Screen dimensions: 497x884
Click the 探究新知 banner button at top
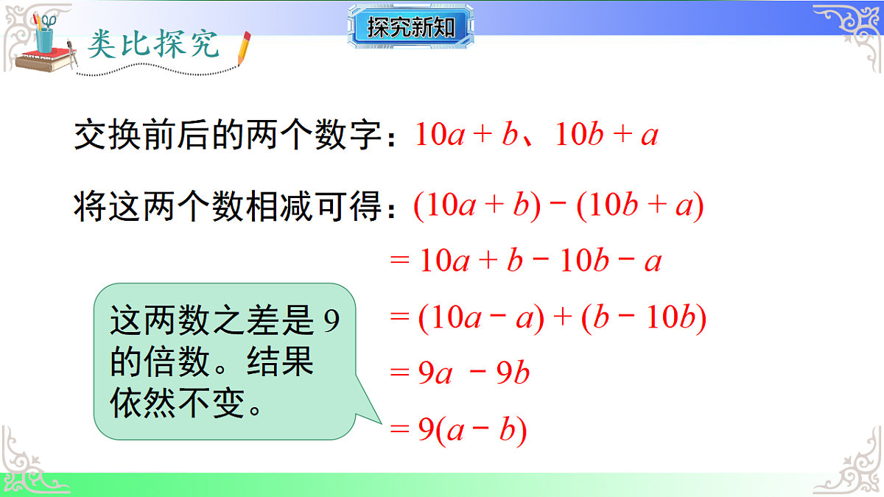[411, 28]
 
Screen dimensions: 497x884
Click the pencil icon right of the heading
[244, 49]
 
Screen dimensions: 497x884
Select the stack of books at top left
[41, 62]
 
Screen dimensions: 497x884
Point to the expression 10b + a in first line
[606, 135]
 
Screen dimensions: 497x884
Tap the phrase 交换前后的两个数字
[228, 135]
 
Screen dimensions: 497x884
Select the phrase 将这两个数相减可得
[228, 207]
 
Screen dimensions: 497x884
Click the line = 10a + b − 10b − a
[525, 261]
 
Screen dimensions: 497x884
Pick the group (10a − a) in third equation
[481, 318]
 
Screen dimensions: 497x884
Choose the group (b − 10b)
[643, 318]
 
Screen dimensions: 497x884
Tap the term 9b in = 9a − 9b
[513, 374]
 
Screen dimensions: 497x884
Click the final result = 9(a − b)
[458, 431]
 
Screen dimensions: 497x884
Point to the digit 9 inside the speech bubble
[331, 323]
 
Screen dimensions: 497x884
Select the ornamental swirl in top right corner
[847, 29]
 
